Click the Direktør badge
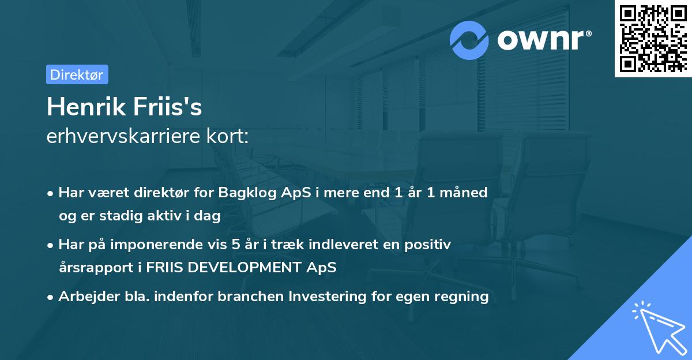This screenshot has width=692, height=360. click(77, 74)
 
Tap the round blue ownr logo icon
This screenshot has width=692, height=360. click(469, 40)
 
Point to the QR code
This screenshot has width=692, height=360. click(653, 38)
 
